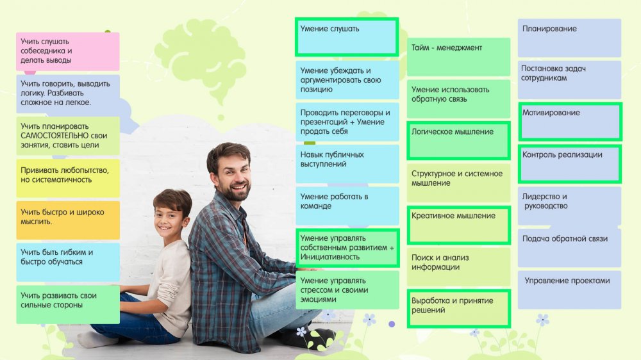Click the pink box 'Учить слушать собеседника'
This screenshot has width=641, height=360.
coord(68,51)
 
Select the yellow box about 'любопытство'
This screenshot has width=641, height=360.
coord(68,178)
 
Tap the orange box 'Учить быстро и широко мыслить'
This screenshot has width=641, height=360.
coord(68,220)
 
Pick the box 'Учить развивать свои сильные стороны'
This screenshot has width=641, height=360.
coord(68,304)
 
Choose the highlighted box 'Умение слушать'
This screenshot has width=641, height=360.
coord(347,37)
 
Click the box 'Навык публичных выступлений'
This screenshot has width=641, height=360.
coord(347,164)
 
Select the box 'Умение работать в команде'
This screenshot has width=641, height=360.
coord(347,206)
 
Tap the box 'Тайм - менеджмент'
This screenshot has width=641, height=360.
coord(458,57)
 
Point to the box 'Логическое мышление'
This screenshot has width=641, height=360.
coord(458,140)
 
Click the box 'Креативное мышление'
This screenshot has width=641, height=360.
coord(458,225)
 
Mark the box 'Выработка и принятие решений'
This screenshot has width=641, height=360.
coord(458,309)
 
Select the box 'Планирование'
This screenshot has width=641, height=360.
coord(569,38)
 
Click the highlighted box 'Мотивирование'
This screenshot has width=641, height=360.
coord(570,121)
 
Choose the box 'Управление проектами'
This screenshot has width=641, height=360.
coord(569,290)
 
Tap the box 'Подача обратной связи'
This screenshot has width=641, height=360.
coord(569,248)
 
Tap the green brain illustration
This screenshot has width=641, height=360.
coord(203,57)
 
